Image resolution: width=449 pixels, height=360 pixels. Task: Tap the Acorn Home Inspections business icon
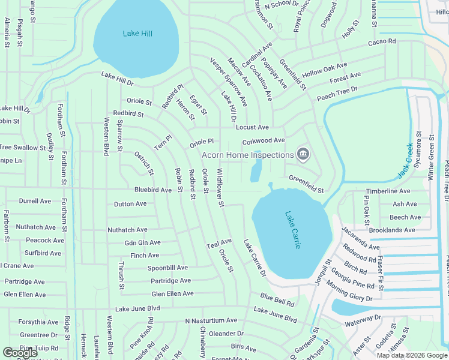pos(303,155)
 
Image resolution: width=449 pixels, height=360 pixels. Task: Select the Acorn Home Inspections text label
pos(247,155)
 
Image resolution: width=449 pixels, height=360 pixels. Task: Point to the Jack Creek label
pos(406,161)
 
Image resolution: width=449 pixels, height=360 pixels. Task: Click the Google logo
pos(20,353)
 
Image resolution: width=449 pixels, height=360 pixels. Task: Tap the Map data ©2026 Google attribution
pos(412,355)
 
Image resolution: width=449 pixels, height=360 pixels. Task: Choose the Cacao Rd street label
pos(382,41)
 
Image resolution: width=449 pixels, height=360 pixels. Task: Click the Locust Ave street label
pos(252,127)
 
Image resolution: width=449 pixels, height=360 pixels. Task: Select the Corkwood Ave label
pos(263,140)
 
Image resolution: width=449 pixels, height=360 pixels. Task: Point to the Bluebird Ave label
pos(152,190)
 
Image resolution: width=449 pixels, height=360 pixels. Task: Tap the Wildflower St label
pos(220,188)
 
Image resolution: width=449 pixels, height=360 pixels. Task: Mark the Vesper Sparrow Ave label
pos(228,82)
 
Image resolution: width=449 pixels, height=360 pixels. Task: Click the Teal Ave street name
pos(218,245)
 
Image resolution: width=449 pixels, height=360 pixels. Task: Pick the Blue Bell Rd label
pos(277,299)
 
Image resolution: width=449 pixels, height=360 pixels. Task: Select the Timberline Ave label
pos(388,191)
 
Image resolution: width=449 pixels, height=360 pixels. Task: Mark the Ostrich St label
pos(144,163)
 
